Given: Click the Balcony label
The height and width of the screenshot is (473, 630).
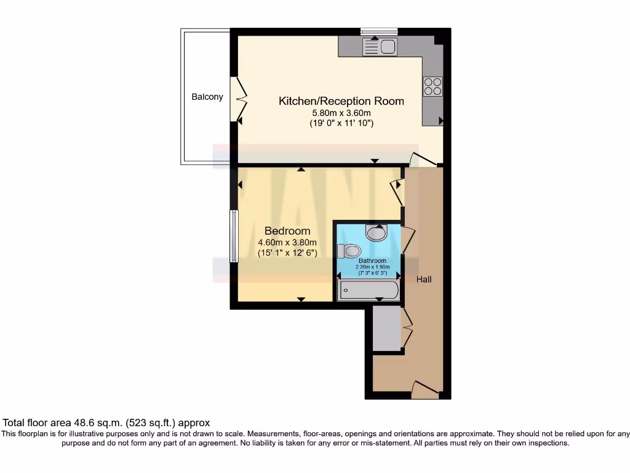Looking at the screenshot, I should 207,97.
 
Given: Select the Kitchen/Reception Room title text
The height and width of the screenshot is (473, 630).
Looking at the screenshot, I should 341,101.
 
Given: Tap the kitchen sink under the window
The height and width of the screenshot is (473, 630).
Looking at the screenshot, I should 380,47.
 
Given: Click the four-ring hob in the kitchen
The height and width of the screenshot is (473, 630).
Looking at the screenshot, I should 433,86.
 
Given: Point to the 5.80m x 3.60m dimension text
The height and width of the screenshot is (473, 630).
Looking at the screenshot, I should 341,113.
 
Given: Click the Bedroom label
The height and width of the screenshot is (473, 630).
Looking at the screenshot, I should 287,231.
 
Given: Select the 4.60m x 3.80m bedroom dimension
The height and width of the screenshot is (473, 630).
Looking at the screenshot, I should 287,242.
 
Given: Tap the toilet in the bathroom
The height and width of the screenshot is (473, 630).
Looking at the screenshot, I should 349,251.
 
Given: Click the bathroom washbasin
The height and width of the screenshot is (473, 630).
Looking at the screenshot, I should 376,233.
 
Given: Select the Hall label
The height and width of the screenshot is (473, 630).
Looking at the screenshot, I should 424,280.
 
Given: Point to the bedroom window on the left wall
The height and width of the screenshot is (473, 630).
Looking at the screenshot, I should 234,236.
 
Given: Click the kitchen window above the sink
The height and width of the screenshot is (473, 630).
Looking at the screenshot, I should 379,31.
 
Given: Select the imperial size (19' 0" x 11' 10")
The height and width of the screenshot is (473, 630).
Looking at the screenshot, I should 341,124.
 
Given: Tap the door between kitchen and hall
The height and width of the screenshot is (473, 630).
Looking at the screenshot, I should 423,159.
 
